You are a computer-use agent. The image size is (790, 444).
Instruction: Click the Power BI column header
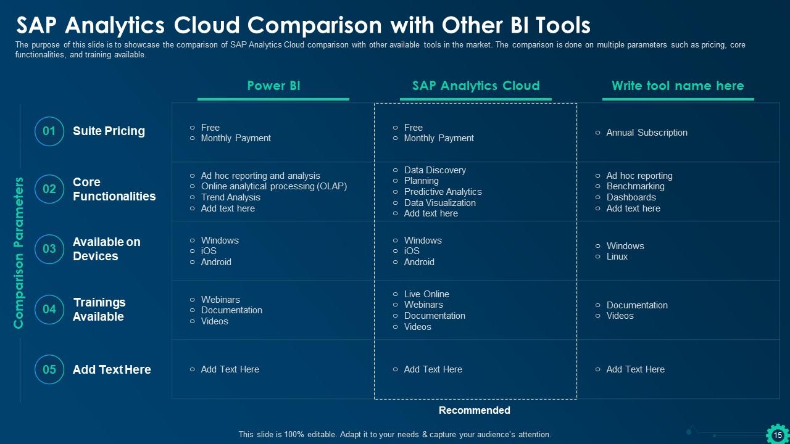[273, 86]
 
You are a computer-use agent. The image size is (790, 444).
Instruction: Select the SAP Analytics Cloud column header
[475, 86]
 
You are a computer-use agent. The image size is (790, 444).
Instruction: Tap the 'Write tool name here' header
[678, 86]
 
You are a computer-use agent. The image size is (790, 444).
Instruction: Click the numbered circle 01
[49, 131]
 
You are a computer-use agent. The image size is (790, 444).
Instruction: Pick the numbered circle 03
[49, 249]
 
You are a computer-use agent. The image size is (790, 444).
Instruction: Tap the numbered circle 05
[49, 369]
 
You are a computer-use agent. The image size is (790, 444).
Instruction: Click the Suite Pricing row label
[109, 131]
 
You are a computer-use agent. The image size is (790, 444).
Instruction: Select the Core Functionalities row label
[114, 189]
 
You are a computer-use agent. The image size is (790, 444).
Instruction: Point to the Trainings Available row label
[99, 310]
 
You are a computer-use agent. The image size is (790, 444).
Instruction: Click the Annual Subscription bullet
[646, 133]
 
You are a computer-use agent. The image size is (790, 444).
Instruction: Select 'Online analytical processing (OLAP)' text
[273, 186]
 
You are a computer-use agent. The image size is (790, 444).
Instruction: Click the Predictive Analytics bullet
[443, 192]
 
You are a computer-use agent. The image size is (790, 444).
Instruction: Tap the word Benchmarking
[635, 186]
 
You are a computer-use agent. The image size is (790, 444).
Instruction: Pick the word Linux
[617, 257]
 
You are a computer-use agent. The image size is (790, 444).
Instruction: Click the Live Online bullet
[426, 294]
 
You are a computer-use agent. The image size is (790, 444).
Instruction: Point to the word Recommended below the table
[474, 410]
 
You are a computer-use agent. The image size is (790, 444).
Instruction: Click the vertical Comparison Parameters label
[19, 253]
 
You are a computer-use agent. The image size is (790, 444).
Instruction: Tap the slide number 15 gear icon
[777, 435]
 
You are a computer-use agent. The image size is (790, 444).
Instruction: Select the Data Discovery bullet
[434, 170]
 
